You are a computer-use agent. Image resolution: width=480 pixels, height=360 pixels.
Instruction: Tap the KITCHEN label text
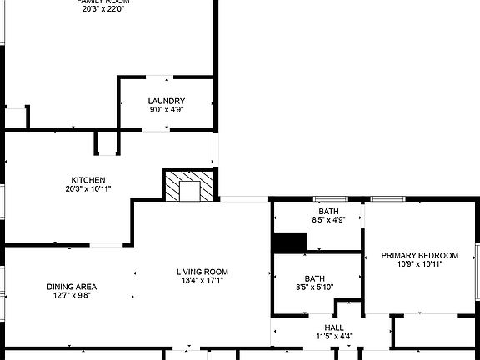(87, 180)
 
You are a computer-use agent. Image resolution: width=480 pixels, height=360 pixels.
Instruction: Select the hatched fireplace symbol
(189, 187)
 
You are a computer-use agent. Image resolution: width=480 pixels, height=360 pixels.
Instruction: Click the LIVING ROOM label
(202, 272)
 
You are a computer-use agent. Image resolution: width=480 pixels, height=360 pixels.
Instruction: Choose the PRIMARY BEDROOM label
(420, 255)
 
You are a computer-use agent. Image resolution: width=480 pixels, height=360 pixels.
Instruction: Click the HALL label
(334, 327)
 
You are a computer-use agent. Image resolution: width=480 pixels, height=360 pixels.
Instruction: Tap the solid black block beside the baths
(290, 242)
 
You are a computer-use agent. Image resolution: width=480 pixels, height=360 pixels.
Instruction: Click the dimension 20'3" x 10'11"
(87, 189)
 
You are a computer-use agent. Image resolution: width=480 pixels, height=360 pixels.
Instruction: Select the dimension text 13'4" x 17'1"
(202, 281)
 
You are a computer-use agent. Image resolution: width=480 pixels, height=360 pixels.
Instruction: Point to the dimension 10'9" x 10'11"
(420, 264)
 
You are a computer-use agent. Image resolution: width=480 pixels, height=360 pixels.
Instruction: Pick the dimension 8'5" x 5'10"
(314, 287)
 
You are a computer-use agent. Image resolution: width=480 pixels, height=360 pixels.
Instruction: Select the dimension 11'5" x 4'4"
(334, 337)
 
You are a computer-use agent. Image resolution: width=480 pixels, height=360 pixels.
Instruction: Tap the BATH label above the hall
(314, 279)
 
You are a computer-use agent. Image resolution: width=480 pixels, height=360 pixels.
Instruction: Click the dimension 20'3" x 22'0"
(103, 10)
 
